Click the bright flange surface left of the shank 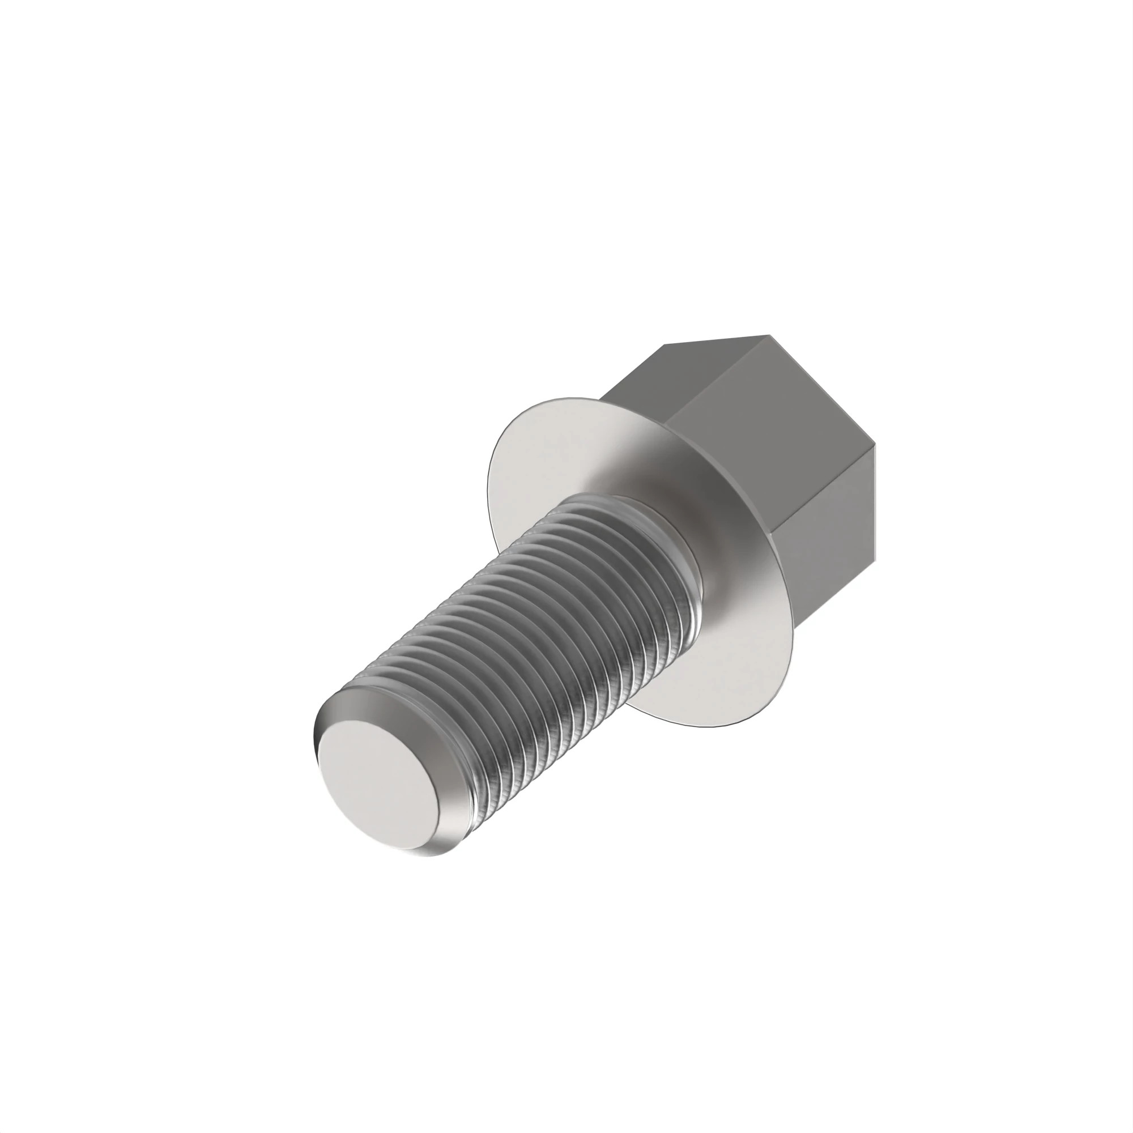[528, 469]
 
